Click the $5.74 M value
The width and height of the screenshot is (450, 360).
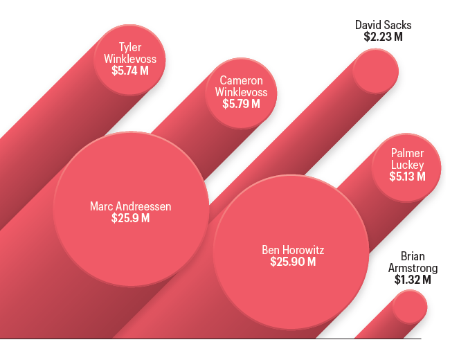tap(130, 71)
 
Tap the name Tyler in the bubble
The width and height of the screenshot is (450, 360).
tap(130, 47)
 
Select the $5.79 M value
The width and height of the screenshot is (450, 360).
tap(241, 104)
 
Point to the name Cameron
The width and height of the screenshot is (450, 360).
tap(241, 80)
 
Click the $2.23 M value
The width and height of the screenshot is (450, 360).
tap(383, 37)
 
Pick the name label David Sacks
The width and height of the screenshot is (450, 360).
tap(383, 25)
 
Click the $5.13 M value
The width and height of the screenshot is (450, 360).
tap(407, 177)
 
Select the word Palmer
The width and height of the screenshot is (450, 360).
tap(407, 153)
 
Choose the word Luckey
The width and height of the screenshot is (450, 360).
tap(407, 165)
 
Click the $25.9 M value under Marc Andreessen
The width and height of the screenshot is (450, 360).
tap(130, 218)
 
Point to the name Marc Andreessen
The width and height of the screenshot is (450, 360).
tap(130, 206)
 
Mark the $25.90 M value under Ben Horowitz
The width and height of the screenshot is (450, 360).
tap(293, 262)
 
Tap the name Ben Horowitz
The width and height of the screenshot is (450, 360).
tap(293, 249)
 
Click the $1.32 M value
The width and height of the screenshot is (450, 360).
tap(413, 280)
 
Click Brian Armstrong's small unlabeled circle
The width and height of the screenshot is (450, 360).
tap(411, 308)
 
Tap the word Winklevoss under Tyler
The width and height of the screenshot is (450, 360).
tap(130, 59)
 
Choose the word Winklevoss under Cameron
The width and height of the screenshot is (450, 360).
tap(241, 92)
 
